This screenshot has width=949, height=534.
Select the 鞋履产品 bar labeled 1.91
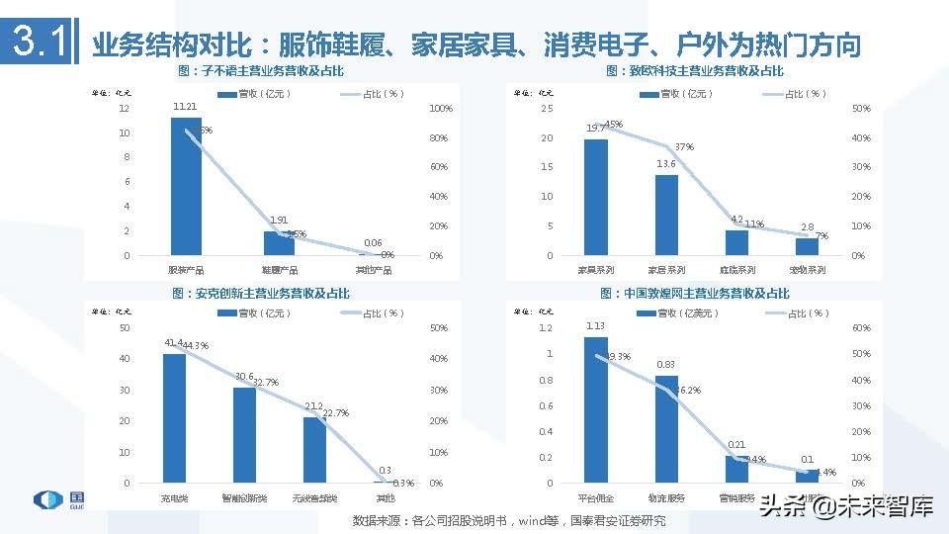(x=279, y=243)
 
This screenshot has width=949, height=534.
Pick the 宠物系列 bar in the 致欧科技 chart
(x=808, y=246)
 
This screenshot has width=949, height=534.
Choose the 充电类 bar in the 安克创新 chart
(x=174, y=418)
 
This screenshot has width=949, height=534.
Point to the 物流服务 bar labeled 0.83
(x=666, y=429)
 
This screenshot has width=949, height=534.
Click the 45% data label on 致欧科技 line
(x=613, y=125)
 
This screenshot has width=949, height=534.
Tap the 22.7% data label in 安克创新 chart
(x=335, y=413)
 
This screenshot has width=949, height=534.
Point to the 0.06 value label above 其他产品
(x=373, y=242)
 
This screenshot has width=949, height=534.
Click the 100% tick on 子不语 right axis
(x=441, y=109)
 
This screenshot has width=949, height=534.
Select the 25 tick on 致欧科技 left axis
(x=547, y=109)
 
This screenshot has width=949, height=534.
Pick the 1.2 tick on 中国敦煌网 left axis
(x=546, y=327)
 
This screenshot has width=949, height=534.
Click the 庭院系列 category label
(x=736, y=269)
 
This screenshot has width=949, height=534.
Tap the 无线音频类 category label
(x=314, y=496)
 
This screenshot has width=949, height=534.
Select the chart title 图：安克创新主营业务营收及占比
(x=260, y=294)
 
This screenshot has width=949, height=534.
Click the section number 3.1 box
(x=38, y=43)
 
